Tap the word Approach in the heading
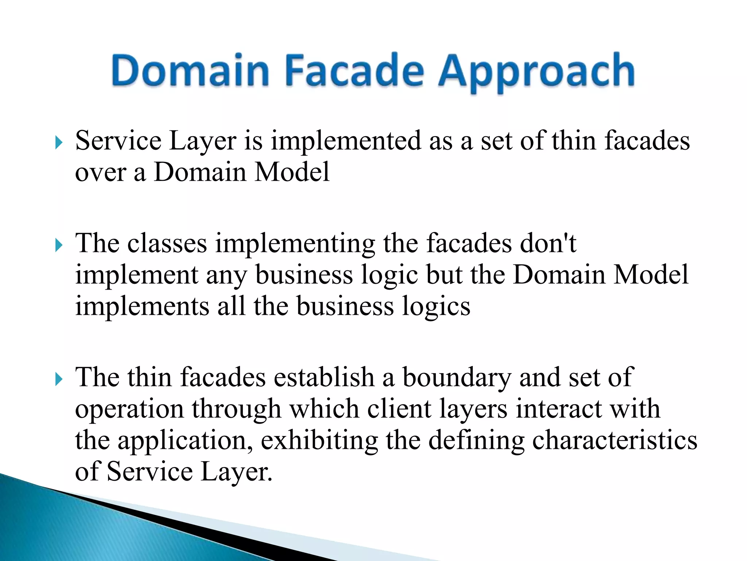point(536,71)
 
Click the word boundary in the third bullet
point(456,378)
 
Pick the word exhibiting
point(319,440)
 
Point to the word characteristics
point(615,440)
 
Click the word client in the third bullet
point(399,409)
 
